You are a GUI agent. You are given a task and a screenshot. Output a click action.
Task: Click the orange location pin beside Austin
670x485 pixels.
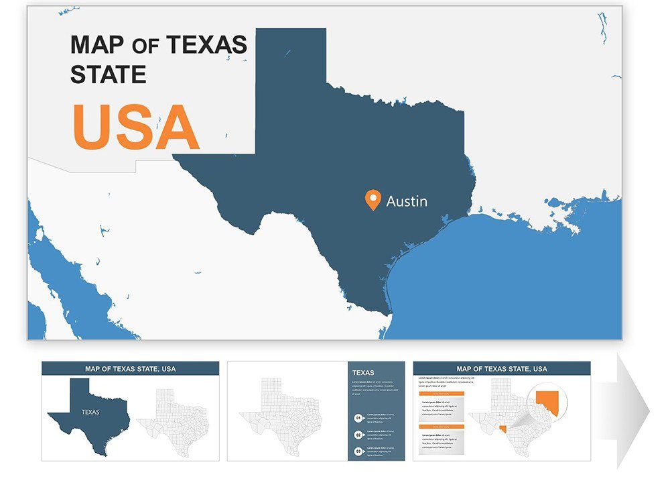pos(373,199)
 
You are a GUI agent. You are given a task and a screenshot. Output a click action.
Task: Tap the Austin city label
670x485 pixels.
pos(407,201)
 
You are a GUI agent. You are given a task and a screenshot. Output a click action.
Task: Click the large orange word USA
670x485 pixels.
pos(136,127)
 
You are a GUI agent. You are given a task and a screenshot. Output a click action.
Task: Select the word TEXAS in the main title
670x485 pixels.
pos(206,45)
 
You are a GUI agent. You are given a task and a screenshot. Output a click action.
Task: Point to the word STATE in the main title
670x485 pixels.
pos(108,74)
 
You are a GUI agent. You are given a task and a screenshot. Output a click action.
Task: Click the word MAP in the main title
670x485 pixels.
pos(98,45)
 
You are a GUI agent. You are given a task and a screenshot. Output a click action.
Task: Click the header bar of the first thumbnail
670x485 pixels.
pos(130,368)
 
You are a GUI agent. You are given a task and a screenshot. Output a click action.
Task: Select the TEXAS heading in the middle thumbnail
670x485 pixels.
pos(363,373)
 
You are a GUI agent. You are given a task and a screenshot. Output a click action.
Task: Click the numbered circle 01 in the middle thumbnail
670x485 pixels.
pos(358,418)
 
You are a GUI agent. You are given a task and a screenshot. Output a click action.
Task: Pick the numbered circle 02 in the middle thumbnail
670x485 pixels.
pos(358,435)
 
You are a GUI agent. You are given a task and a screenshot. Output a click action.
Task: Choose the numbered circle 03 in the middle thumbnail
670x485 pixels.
pos(358,451)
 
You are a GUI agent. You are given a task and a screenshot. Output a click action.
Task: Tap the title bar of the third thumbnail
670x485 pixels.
pos(502,368)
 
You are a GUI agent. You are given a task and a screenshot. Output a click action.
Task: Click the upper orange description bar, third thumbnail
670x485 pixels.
pos(442,394)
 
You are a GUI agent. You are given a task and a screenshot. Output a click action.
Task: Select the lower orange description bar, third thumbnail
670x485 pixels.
pos(442,427)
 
